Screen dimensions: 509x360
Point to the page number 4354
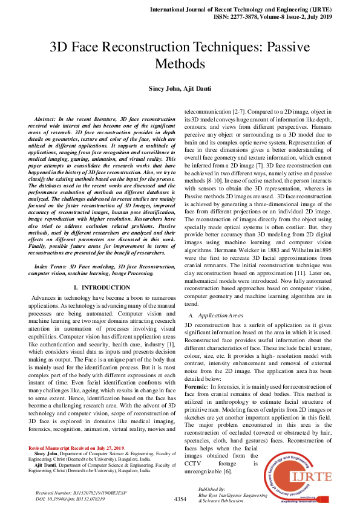pos(180,499)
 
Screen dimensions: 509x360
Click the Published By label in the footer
pos(212,488)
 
